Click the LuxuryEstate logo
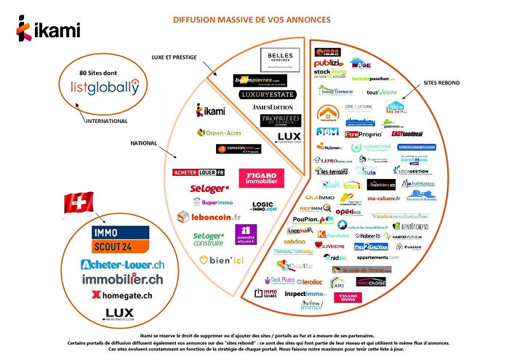268,95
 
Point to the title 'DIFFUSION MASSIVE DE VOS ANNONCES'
251,19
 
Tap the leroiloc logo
312,281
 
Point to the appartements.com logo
377,257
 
